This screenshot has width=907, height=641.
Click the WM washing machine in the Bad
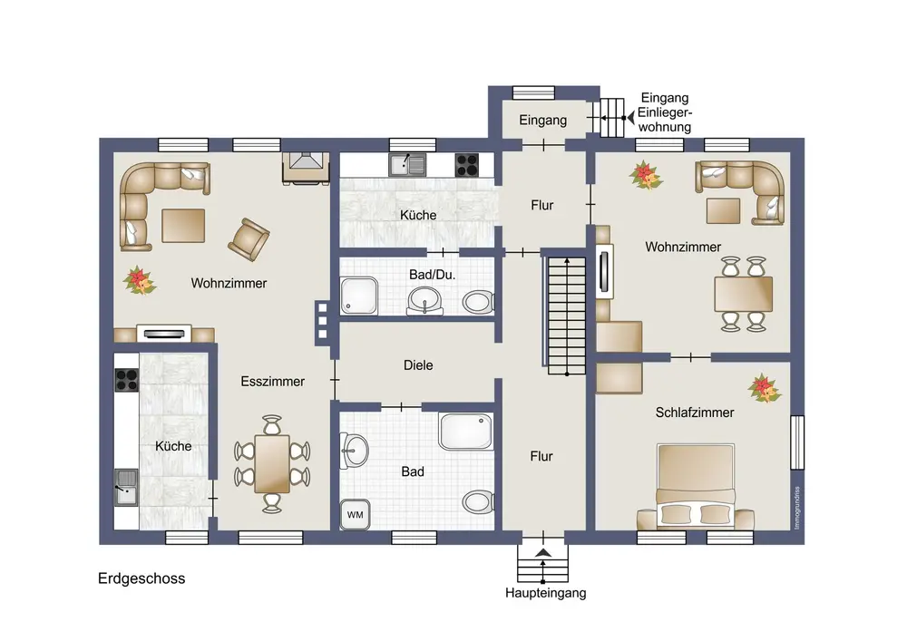[356, 514]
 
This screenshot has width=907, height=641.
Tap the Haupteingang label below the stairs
[545, 593]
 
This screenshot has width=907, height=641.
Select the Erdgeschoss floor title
[141, 578]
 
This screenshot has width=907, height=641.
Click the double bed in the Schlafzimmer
[696, 486]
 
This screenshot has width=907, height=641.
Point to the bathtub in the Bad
[465, 432]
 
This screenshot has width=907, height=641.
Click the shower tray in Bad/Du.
[359, 296]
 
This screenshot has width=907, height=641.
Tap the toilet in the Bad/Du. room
[478, 302]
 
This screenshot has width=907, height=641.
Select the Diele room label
[418, 365]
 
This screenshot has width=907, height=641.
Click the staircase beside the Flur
[567, 315]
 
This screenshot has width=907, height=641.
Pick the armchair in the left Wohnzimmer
[249, 238]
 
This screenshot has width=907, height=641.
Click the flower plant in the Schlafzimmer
[764, 388]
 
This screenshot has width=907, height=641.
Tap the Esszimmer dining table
[272, 464]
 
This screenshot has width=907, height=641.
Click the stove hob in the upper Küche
[467, 165]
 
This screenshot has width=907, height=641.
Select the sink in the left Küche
[125, 487]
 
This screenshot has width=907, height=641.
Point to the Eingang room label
[542, 121]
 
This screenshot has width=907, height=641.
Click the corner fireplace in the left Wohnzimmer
[306, 169]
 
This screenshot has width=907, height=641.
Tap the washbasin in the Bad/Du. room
[424, 302]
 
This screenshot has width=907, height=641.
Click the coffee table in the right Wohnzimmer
[723, 210]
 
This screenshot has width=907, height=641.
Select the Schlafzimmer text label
[695, 413]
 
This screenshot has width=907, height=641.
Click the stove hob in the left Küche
[127, 380]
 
